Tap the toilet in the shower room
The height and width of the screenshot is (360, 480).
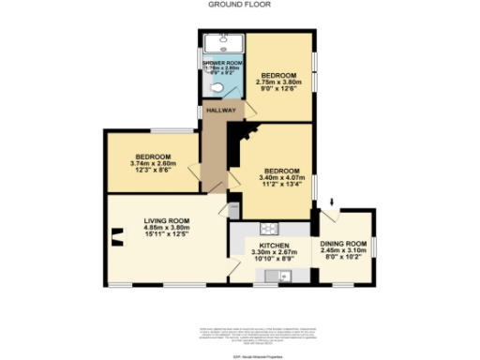[217, 89]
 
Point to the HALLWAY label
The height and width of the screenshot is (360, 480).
[224, 110]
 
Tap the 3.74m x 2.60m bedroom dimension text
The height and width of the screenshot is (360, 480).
[151, 165]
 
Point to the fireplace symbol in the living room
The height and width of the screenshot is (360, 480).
[118, 235]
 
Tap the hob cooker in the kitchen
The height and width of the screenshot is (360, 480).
[268, 228]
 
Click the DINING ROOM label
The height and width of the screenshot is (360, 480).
[347, 243]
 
